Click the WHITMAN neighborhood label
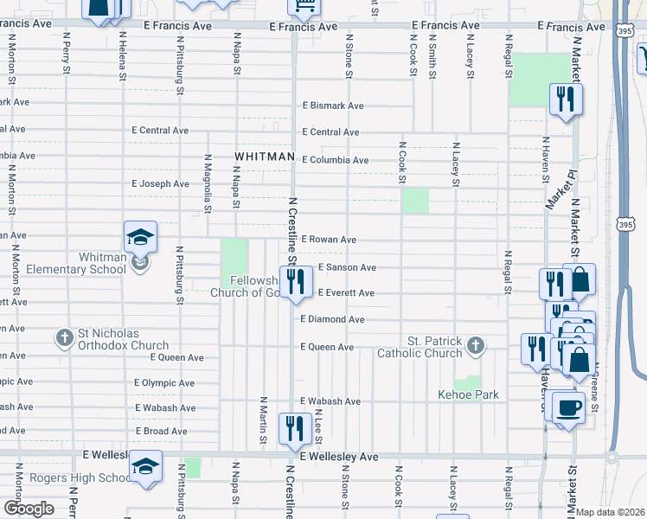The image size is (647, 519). (x=263, y=157)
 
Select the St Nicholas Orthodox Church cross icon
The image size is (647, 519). (x=64, y=338)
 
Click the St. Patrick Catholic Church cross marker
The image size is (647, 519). (x=474, y=347)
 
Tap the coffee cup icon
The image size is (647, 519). (x=567, y=407)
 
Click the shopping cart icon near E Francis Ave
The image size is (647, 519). (x=304, y=8)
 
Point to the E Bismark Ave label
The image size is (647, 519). (x=332, y=106)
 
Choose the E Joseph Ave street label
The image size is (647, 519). (x=160, y=184)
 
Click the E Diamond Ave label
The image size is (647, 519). (x=332, y=319)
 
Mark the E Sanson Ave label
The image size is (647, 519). (x=347, y=268)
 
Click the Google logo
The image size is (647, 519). (x=29, y=509)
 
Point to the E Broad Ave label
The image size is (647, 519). (x=162, y=431)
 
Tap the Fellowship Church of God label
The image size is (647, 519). (x=244, y=286)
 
